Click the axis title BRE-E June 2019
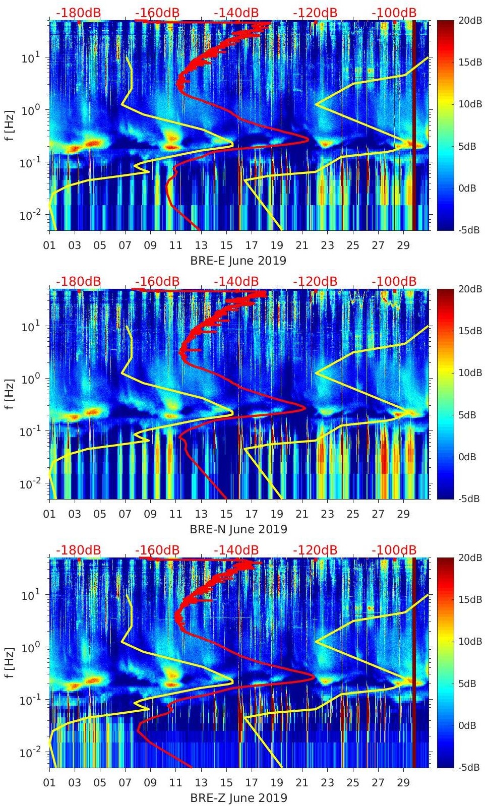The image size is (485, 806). coord(238,261)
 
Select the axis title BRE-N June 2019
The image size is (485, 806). coord(238,529)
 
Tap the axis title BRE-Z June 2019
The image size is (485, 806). coord(238,798)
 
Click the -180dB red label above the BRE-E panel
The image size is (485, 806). coord(78,13)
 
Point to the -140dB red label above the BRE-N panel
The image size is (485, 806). coord(236,281)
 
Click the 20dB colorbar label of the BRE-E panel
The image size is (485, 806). coord(470,20)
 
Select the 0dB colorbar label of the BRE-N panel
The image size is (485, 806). coord(468,457)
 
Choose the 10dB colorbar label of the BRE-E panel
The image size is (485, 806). coord(470,104)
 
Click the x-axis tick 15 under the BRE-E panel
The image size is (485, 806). coord(226,246)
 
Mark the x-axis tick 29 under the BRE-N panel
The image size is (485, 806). coord(403,515)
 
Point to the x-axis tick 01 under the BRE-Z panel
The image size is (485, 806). coord(49,783)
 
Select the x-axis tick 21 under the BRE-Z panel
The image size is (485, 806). coord(302,783)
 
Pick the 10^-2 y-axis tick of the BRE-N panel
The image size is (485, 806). coord(30,483)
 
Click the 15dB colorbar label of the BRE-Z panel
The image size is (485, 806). coord(470,600)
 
